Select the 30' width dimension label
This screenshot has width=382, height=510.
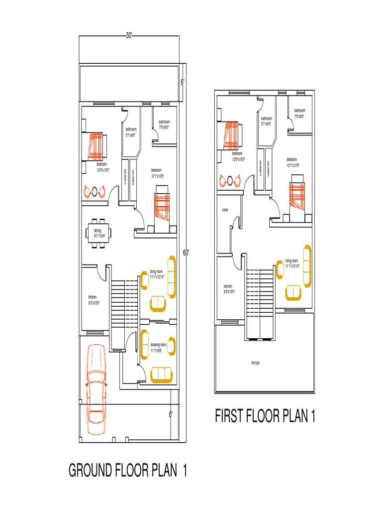pyautogui.click(x=129, y=35)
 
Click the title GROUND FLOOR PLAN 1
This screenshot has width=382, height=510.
pyautogui.click(x=128, y=471)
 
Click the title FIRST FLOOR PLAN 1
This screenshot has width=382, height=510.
pyautogui.click(x=265, y=416)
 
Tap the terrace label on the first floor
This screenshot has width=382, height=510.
pyautogui.click(x=255, y=363)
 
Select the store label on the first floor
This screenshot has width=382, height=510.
pyautogui.click(x=225, y=210)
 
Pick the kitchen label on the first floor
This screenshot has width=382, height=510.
pyautogui.click(x=228, y=288)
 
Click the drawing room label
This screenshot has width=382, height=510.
pyautogui.click(x=158, y=347)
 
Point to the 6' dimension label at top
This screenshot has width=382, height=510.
pyautogui.click(x=182, y=83)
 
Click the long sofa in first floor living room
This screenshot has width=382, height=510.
pyautogui.click(x=307, y=266)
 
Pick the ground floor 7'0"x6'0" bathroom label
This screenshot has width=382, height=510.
pyautogui.click(x=164, y=124)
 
